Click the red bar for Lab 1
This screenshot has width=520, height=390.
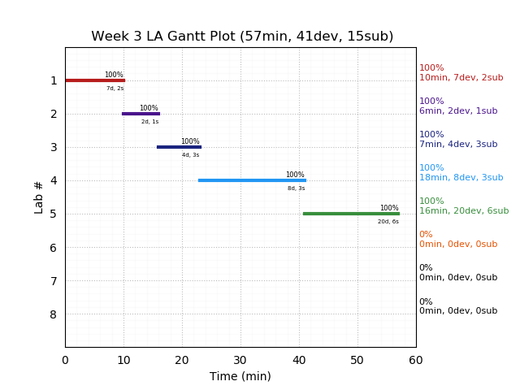(94, 80)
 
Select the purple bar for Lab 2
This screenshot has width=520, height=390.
(141, 114)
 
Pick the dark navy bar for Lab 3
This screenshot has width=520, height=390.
(179, 147)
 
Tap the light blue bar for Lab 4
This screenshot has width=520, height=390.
(252, 180)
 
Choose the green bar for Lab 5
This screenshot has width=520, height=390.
(351, 214)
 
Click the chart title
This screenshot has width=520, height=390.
(242, 37)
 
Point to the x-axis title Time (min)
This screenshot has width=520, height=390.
(240, 376)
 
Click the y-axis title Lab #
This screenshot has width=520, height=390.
(39, 197)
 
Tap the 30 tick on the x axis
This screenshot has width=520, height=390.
(240, 360)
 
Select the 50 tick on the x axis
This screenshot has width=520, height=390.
(357, 360)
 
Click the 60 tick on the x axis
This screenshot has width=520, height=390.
(416, 360)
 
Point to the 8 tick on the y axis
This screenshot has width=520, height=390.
(54, 314)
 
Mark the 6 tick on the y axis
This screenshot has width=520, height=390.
(54, 248)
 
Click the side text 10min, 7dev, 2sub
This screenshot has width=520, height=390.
(461, 78)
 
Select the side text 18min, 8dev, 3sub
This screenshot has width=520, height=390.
(461, 178)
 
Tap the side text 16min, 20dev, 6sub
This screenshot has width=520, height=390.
(464, 211)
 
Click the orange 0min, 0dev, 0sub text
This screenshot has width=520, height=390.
(458, 245)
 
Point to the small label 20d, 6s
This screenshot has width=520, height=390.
(388, 222)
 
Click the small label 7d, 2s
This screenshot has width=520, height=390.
(115, 89)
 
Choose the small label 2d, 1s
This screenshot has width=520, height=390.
(150, 122)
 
